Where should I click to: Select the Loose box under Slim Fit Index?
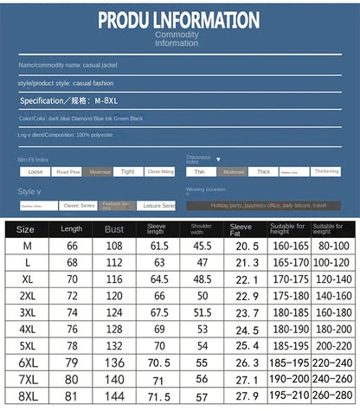pos(33,171)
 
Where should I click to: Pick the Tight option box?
pos(127,171)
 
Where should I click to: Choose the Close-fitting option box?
pos(160,171)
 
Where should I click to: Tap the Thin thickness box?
pos(200,171)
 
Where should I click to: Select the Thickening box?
pos(326,171)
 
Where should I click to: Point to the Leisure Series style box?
pos(156,206)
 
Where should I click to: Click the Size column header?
pos(26,229)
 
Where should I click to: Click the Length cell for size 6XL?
pos(73,362)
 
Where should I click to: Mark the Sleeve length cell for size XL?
pos(159,279)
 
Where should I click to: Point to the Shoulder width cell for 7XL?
pos(202,379)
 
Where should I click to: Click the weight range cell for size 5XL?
pos(333,345)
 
